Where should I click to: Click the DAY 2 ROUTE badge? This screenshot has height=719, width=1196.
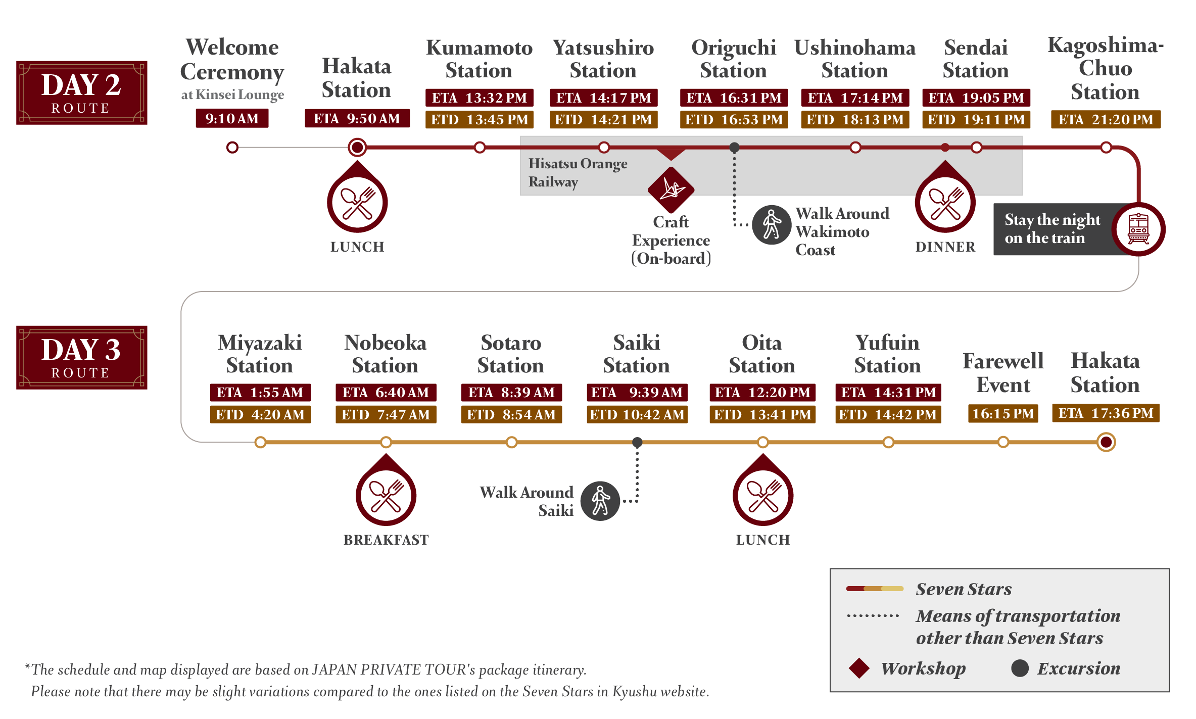[81, 92]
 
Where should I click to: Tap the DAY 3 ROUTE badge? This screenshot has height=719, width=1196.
[81, 357]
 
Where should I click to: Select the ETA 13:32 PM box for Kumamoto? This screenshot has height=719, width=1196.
[479, 98]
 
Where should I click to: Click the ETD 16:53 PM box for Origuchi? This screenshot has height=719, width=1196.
[734, 120]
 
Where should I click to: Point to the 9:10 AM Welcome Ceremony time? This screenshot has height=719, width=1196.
[232, 119]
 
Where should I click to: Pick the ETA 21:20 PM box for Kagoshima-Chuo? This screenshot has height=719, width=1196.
[1106, 120]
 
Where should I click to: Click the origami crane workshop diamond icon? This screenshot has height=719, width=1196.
[671, 190]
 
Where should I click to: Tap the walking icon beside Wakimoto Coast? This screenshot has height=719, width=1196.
[772, 224]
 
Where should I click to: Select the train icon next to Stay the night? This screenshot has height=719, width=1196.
[1138, 229]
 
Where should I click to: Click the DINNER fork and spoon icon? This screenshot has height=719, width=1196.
[945, 203]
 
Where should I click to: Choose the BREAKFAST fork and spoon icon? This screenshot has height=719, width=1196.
[386, 495]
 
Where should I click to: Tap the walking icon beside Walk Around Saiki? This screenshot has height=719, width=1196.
[600, 501]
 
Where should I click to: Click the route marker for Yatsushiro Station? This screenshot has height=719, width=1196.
[604, 148]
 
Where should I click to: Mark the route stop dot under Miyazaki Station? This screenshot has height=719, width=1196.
[260, 443]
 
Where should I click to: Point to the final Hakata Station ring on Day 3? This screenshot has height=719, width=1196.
[1106, 443]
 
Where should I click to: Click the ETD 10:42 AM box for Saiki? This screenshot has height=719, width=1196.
[637, 415]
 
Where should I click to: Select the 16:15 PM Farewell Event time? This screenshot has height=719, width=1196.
[1003, 414]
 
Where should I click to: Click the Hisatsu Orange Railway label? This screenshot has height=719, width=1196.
[578, 172]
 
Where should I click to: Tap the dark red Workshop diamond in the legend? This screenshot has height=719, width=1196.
[859, 668]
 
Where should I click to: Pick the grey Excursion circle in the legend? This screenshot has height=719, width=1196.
[1020, 668]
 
